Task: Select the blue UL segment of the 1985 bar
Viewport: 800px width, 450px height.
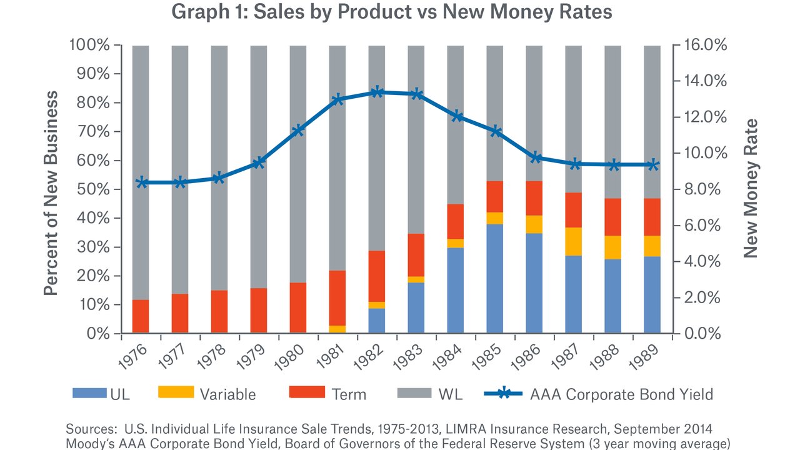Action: (x=495, y=279)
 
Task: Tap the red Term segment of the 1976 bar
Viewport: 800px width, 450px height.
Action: (x=141, y=316)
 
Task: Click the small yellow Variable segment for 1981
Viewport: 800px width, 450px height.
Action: (x=337, y=329)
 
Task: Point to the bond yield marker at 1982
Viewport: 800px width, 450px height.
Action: (x=377, y=92)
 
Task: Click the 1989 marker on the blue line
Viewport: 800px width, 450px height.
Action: (x=652, y=165)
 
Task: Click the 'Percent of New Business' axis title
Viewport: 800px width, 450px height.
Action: (x=51, y=194)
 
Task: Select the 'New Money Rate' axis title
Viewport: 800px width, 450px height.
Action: (x=751, y=189)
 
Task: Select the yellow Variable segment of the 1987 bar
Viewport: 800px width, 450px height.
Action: (x=574, y=241)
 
